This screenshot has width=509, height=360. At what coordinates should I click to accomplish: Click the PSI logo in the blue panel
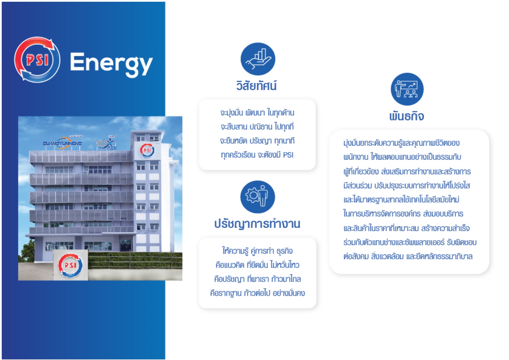pyautogui.click(x=37, y=59)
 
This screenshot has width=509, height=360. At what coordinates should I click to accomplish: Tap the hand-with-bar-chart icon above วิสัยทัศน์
pyautogui.click(x=258, y=59)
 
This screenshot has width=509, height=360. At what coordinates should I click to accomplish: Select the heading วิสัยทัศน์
pyautogui.click(x=256, y=86)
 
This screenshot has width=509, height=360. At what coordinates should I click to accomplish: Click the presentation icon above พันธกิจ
pyautogui.click(x=407, y=89)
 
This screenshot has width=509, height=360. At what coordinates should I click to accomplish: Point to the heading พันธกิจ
pyautogui.click(x=407, y=116)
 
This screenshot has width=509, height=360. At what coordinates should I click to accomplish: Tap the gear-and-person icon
pyautogui.click(x=257, y=197)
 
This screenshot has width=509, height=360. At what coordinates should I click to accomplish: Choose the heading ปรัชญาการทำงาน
pyautogui.click(x=257, y=224)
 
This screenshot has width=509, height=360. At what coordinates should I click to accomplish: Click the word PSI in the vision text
pyautogui.click(x=288, y=155)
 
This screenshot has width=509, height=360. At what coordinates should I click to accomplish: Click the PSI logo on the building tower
pyautogui.click(x=147, y=150)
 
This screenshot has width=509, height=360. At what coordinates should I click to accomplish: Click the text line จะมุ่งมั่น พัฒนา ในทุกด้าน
pyautogui.click(x=257, y=112)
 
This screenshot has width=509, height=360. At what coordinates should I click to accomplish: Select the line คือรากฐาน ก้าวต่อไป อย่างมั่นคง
pyautogui.click(x=257, y=293)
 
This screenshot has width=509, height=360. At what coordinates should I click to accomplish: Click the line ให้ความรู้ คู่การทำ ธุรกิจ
pyautogui.click(x=257, y=251)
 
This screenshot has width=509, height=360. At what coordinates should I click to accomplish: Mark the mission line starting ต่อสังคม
pyautogui.click(x=408, y=256)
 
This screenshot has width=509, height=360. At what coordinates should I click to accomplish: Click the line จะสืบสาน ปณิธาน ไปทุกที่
pyautogui.click(x=257, y=126)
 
